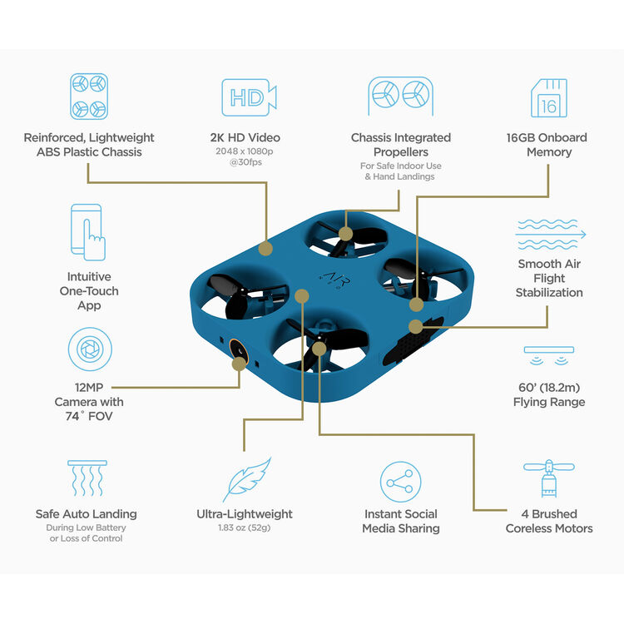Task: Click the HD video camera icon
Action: coord(248,98)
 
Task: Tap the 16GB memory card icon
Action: coord(549,98)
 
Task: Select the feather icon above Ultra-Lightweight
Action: coord(247,480)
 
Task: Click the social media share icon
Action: coord(401,481)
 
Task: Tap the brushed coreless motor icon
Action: coord(549,480)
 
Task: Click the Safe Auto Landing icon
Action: coord(87,480)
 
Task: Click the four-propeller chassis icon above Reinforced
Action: coord(89,97)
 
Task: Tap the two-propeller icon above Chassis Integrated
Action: coord(400,97)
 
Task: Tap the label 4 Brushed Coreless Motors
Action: coord(549,521)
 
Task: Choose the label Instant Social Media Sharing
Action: coord(401,521)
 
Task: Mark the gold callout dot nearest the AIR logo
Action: coord(302,295)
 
